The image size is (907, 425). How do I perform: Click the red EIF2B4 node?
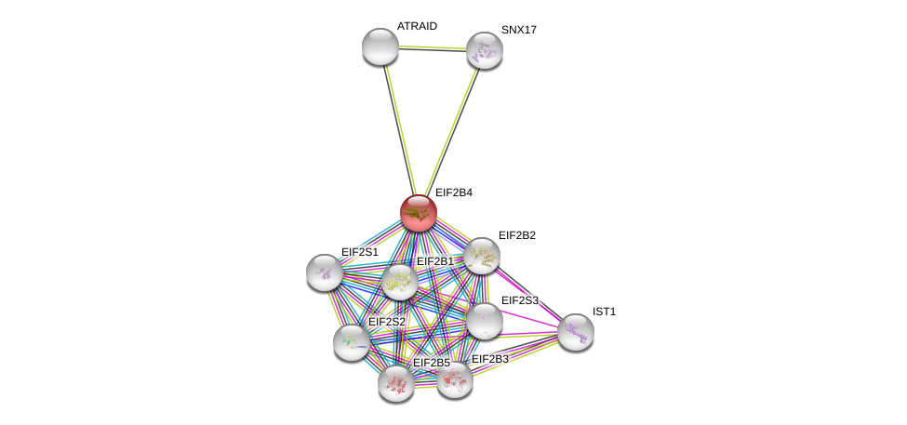point(419,213)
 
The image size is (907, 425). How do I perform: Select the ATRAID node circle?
point(380,46)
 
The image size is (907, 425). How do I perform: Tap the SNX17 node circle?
point(484,50)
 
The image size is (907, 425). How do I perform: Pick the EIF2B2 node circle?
point(482,256)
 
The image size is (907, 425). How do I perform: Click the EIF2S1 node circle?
point(325,272)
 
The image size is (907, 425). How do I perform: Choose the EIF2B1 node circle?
point(400,282)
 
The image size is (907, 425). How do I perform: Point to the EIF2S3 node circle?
point(484,321)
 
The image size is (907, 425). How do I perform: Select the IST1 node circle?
point(576,332)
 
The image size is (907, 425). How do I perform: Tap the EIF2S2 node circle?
point(352,342)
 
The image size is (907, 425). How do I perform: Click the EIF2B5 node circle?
point(396,382)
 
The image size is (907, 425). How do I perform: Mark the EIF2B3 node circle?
point(455,379)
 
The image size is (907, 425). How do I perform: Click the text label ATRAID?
point(417,26)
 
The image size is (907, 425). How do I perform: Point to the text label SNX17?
point(519,30)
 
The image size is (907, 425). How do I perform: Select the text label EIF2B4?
point(454,193)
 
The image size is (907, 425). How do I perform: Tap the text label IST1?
point(605,312)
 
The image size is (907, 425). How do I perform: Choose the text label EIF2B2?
point(516,235)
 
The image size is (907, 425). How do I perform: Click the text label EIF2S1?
point(359,252)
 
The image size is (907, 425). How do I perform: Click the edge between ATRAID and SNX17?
point(432,48)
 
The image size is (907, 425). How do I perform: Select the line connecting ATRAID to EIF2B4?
point(399,130)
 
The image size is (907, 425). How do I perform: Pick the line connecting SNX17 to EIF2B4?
point(451,131)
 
